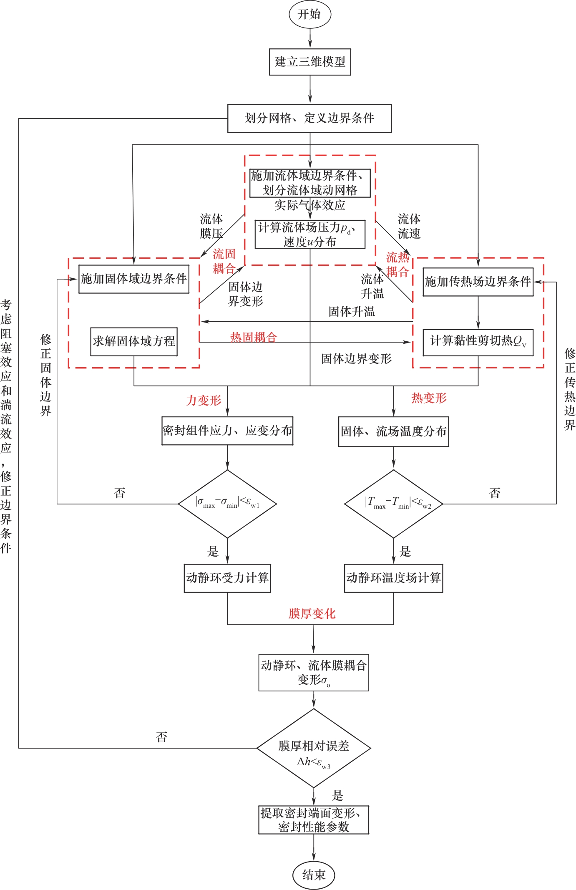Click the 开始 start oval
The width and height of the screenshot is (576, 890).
click(x=310, y=14)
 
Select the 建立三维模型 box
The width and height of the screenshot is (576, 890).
click(x=310, y=62)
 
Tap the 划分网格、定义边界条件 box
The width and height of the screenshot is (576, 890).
click(x=309, y=118)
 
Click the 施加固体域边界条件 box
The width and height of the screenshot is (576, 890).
click(x=134, y=279)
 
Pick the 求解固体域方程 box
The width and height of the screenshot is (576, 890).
click(x=134, y=341)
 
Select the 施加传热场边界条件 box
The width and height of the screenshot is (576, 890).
click(x=478, y=282)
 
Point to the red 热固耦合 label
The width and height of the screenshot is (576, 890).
click(x=254, y=337)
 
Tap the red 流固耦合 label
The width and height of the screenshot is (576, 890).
click(x=224, y=261)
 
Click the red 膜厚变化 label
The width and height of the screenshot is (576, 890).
click(x=312, y=613)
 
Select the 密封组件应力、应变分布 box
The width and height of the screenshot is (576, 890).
click(x=227, y=431)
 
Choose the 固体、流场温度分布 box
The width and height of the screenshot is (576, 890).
click(x=393, y=431)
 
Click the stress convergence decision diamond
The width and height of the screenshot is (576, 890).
click(x=227, y=504)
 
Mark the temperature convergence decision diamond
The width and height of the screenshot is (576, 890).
click(x=393, y=504)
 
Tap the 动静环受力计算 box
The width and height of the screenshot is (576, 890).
click(x=227, y=578)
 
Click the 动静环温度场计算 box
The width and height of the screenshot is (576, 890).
click(x=393, y=578)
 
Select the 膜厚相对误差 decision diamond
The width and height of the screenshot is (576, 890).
click(x=314, y=748)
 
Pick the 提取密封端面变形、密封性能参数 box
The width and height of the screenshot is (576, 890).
click(x=314, y=820)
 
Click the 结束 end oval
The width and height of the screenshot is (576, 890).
click(x=314, y=875)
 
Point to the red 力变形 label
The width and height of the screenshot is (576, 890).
click(x=204, y=401)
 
